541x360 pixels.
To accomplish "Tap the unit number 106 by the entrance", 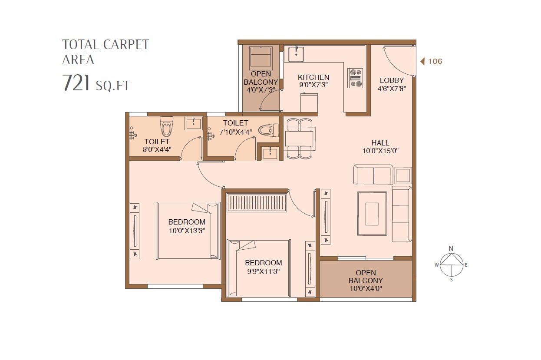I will (x=435, y=61).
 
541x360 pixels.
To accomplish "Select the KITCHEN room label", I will (x=313, y=77).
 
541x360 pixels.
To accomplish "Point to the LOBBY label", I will (x=392, y=80).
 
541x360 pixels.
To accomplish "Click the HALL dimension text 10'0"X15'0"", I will (x=380, y=151).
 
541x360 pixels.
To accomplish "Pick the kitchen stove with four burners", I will (x=355, y=78).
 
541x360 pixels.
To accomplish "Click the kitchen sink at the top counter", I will (x=296, y=54).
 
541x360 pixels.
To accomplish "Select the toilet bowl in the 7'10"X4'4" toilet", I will (x=268, y=130).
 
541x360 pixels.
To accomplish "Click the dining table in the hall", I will (x=299, y=138).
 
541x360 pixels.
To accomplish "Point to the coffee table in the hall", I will (x=372, y=214).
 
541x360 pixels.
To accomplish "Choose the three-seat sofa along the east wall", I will (x=402, y=214).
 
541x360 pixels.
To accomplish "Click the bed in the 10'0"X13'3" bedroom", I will (x=188, y=231).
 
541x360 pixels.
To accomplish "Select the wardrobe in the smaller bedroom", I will (x=257, y=203).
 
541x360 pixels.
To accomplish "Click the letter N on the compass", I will (x=451, y=248).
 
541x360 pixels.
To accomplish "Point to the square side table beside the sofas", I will (x=403, y=175).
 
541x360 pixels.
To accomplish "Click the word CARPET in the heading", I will (x=126, y=45).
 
